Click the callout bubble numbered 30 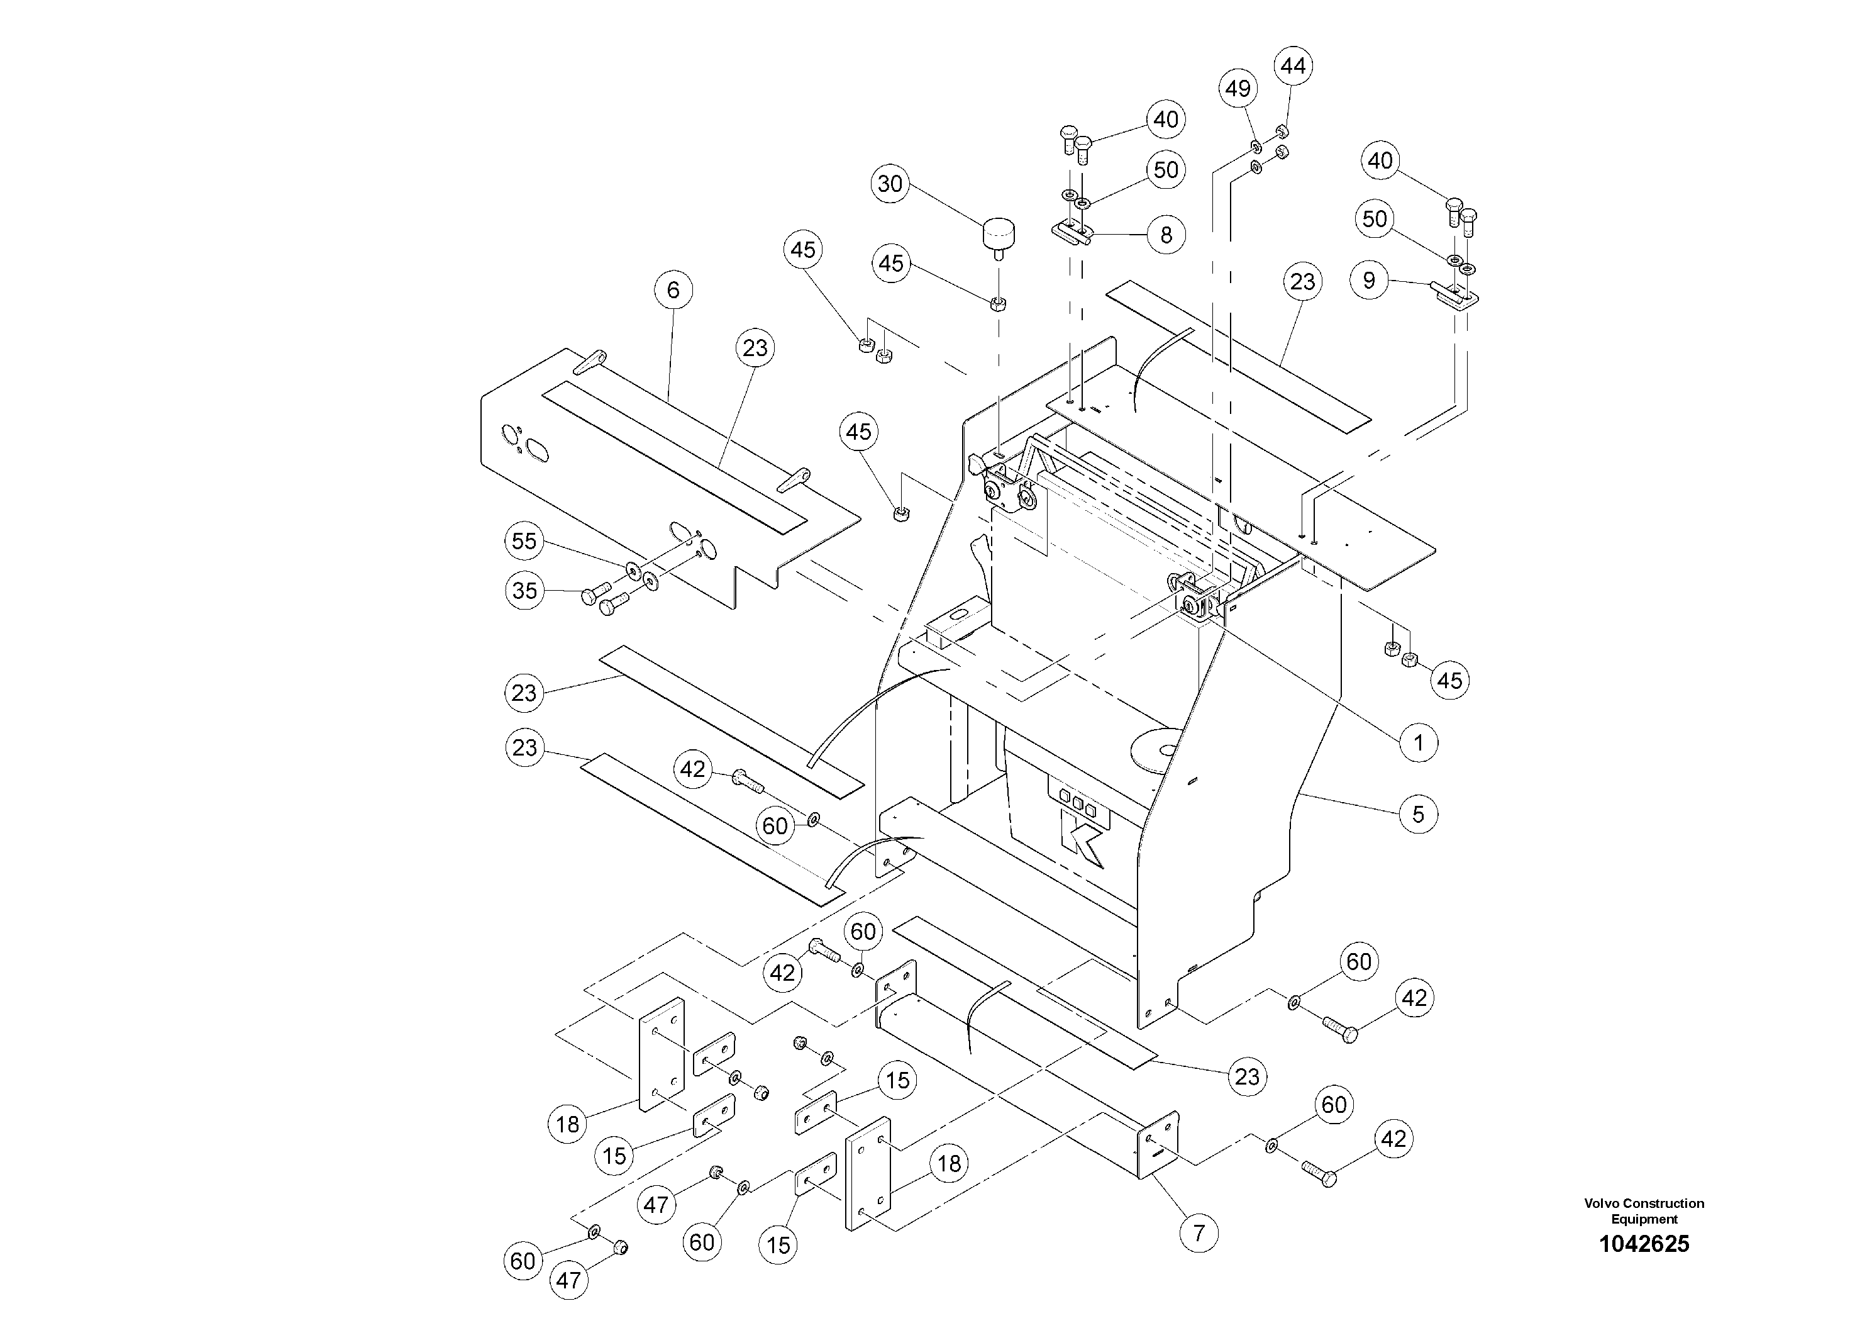[x=890, y=184]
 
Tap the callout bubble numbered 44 [x=1293, y=66]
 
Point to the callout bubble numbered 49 [x=1238, y=88]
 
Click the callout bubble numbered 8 [x=1166, y=235]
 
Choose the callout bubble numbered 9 [x=1369, y=281]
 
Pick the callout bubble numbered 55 [x=524, y=541]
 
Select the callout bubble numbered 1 [x=1418, y=742]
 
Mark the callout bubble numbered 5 [x=1418, y=814]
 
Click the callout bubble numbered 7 [x=1199, y=1232]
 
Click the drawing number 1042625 [x=1644, y=1244]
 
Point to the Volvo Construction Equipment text [x=1644, y=1210]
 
